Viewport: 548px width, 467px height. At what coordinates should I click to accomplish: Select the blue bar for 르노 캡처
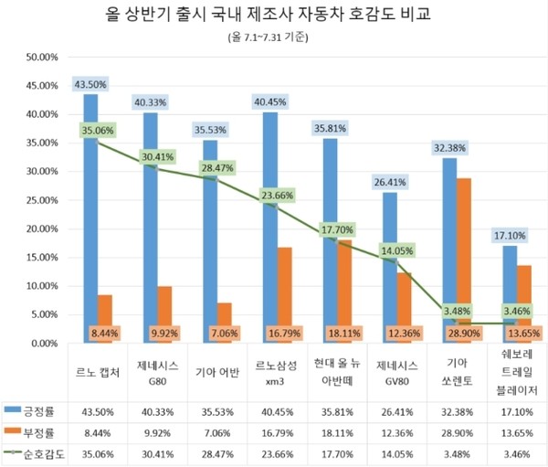point(90,219)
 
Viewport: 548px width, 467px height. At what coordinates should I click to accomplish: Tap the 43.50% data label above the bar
point(90,84)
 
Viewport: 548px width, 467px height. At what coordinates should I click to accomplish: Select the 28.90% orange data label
point(464,332)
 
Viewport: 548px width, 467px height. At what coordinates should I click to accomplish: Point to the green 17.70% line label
point(334,231)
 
